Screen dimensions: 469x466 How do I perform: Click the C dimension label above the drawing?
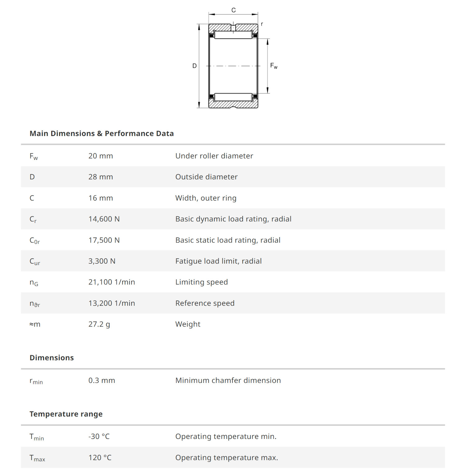tap(233, 10)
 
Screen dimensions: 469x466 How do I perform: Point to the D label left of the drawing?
tap(194, 66)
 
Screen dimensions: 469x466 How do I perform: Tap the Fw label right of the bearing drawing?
tap(273, 66)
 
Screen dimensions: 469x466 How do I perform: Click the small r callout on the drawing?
tap(262, 24)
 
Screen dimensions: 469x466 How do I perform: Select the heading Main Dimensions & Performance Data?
tap(102, 133)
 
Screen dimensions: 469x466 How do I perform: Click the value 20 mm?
tap(101, 156)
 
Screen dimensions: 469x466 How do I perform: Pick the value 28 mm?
tap(101, 177)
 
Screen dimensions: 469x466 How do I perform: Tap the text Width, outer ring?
tap(206, 198)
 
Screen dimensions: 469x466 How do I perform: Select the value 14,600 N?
tap(104, 219)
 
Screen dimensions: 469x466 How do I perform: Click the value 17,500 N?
tap(104, 240)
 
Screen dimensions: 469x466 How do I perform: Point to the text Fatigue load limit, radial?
tap(218, 261)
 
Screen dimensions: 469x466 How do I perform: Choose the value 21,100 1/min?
tap(112, 282)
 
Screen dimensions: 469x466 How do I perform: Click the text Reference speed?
tap(205, 303)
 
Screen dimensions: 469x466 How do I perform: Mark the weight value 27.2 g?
tap(99, 324)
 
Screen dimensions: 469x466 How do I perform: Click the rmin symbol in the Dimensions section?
tap(36, 381)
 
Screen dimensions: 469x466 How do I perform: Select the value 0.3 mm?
tap(102, 381)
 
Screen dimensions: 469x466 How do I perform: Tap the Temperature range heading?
tap(66, 414)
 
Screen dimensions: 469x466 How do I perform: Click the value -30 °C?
tap(99, 436)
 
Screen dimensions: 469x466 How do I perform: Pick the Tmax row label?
tap(37, 458)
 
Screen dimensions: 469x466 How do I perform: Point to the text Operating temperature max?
tap(226, 458)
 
